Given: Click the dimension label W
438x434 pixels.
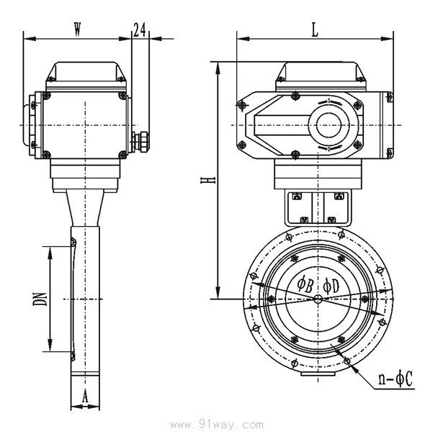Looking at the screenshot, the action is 77,29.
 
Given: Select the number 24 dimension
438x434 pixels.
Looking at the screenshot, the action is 139,30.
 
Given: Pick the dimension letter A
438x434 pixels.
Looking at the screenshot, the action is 85,397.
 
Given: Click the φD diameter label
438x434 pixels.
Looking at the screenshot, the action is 331,286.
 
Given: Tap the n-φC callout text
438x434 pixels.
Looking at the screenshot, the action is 395,379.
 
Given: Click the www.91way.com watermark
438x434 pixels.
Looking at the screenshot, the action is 217,425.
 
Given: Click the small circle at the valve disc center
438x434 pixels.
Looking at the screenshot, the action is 318,299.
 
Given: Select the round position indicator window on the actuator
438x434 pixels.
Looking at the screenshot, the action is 329,125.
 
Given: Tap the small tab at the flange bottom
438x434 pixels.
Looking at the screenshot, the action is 318,374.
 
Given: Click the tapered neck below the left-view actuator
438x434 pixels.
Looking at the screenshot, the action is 85,208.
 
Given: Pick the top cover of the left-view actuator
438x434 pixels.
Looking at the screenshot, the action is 86,72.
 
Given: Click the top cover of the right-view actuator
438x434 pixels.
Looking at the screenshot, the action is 321,72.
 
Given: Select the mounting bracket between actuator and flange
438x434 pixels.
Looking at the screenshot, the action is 318,208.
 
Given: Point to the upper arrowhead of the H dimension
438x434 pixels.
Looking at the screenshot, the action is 218,68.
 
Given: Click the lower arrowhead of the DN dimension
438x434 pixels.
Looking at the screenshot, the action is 50,345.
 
